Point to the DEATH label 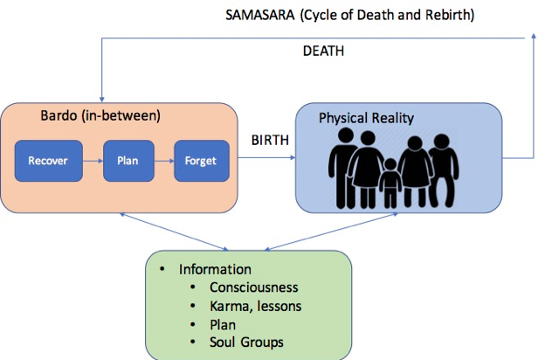point(323,52)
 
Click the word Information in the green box point(215,269)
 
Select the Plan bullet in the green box point(223,322)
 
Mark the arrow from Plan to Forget point(161,161)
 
